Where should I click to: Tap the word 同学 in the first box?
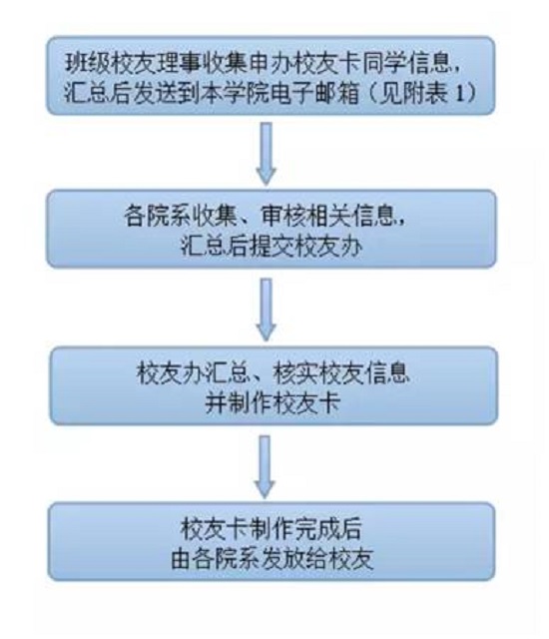pyautogui.click(x=384, y=65)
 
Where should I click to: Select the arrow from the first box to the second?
pyautogui.click(x=267, y=154)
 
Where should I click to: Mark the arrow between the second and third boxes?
pyautogui.click(x=267, y=311)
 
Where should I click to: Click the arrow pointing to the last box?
pyautogui.click(x=266, y=466)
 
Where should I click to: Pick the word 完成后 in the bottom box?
pyautogui.click(x=329, y=528)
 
